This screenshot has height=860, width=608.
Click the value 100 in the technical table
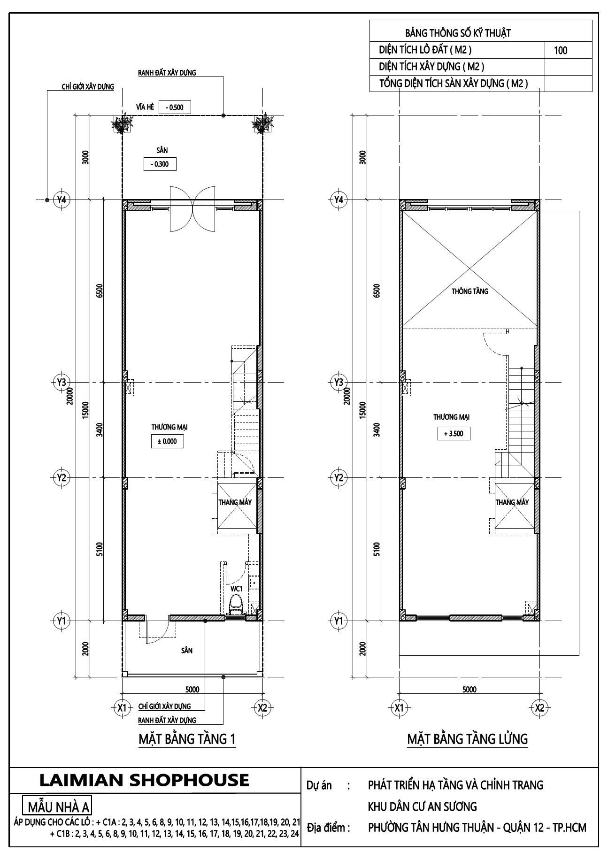pos(560,51)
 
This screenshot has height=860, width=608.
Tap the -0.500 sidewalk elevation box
pos(175,107)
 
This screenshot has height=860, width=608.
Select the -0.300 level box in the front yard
pos(159,164)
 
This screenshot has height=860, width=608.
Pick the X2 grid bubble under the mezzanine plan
pos(539,707)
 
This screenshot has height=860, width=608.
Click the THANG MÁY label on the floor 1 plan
pos(235,502)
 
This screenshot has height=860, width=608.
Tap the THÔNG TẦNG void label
pos(469,291)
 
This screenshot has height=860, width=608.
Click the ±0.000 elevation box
pos(167,441)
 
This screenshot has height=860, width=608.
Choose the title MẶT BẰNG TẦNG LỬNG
pos(467,739)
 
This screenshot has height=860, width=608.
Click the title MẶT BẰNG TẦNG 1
pos(187,739)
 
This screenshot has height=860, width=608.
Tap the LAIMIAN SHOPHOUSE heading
pos(144,780)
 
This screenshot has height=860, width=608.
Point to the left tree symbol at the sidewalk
pos(122,123)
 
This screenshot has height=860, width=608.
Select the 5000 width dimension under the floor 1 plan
pos(192,689)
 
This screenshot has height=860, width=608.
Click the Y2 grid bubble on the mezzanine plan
pos(339,478)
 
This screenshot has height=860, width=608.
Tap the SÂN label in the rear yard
pos(186,650)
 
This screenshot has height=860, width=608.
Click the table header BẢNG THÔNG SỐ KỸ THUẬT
pos(457,33)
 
